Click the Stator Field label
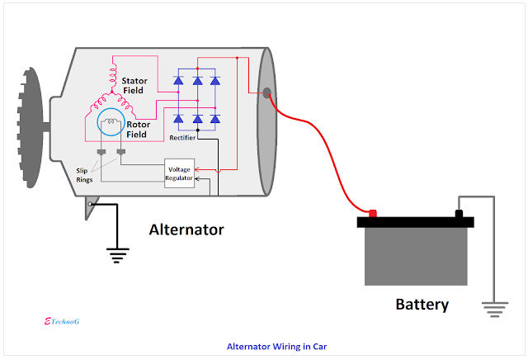click(135, 87)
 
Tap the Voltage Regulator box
click(180, 172)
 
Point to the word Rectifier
click(182, 138)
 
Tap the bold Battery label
click(422, 304)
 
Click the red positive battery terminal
click(372, 214)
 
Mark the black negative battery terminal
click(459, 215)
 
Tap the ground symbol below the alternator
click(117, 255)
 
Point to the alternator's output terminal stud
click(266, 92)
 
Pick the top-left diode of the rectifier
click(178, 80)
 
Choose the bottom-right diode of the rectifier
click(215, 120)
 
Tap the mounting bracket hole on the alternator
click(90, 203)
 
